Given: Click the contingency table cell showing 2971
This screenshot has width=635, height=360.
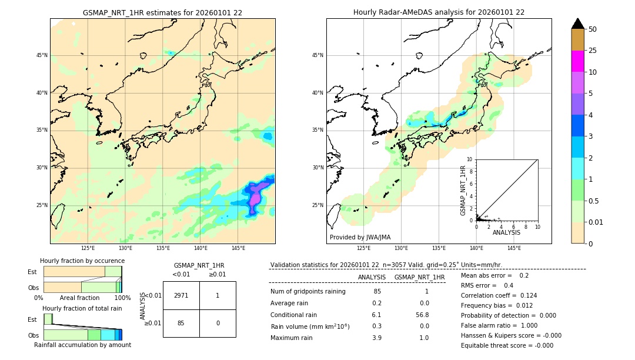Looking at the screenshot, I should click(181, 295).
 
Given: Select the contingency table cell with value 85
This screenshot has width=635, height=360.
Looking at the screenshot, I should click(181, 323).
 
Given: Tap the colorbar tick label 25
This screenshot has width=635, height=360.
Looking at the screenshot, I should click(593, 51).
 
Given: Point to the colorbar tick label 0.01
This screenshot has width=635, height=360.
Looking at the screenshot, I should click(596, 222).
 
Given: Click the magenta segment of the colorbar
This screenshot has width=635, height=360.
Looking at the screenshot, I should click(577, 61).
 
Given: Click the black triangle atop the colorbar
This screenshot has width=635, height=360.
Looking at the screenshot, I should click(577, 24).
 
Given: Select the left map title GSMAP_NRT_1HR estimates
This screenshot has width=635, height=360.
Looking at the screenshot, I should click(162, 12).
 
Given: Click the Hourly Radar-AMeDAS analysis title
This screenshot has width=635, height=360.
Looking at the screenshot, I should click(439, 12).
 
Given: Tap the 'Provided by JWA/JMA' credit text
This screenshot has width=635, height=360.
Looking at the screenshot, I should click(360, 237).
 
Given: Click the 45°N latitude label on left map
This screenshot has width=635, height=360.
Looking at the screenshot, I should click(41, 55).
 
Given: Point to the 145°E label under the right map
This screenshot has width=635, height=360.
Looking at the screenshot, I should click(514, 248).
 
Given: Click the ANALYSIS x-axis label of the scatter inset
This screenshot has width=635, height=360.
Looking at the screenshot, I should click(506, 232).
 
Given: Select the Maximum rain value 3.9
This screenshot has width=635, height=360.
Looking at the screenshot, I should click(377, 338).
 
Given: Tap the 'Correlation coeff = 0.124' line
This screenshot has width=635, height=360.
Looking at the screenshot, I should click(499, 295).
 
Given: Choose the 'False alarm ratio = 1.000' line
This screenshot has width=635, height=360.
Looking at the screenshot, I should click(499, 325).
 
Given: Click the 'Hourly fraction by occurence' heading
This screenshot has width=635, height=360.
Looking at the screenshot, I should click(82, 261).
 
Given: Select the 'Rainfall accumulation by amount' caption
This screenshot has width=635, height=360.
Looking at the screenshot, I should click(82, 345).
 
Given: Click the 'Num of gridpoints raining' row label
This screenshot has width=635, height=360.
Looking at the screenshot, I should click(308, 291).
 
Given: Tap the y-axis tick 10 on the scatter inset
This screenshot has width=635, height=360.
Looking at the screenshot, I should click(470, 159).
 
